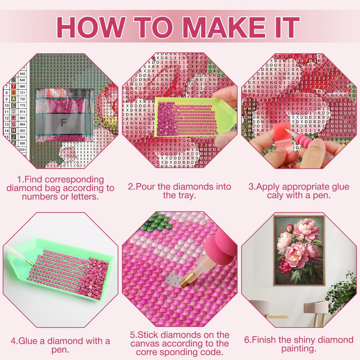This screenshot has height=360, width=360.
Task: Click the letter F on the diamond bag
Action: (63, 122)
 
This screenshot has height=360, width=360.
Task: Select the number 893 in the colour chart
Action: (23, 118)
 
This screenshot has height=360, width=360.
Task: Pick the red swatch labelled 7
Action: (14, 86)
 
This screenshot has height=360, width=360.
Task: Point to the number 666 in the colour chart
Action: (23, 86)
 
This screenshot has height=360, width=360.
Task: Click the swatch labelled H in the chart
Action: (14, 130)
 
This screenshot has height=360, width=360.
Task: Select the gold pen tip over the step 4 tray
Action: (28, 262)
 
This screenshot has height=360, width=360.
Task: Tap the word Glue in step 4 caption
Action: (28, 341)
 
